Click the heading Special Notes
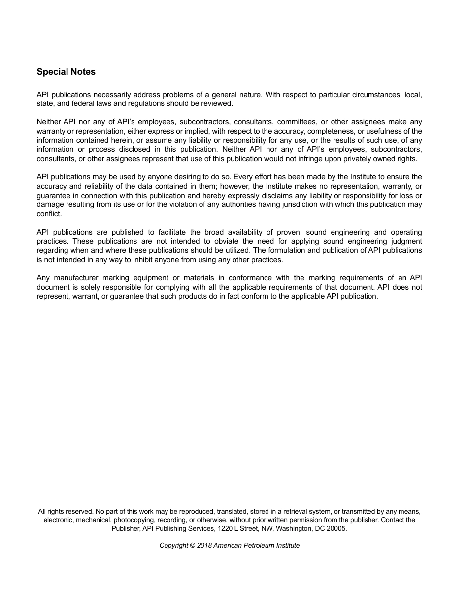point(66,72)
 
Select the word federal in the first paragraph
point(86,103)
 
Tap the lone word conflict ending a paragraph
point(49,214)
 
